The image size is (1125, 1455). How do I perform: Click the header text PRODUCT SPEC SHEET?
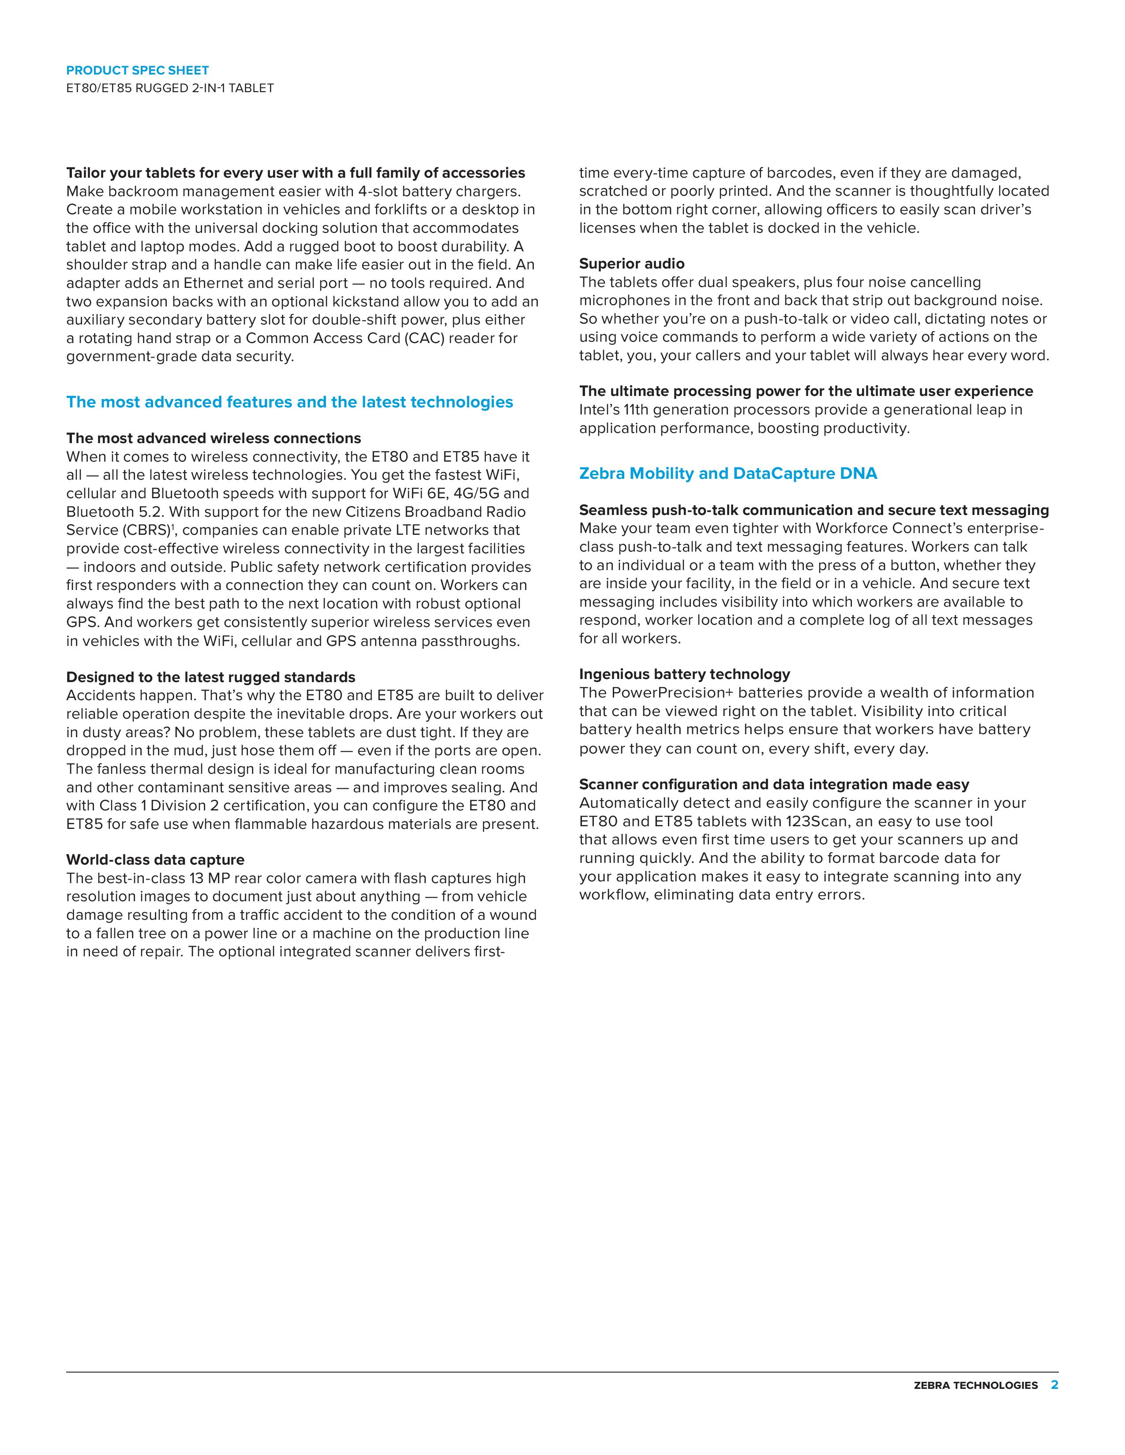137,70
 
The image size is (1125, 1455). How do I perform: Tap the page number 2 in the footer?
1054,1385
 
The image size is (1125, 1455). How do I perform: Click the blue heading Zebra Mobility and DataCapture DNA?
728,474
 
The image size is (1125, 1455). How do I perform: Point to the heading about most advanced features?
289,403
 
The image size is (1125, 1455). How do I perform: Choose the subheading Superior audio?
631,264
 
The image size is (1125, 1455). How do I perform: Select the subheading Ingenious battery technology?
684,674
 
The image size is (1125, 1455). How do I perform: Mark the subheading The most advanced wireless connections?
213,438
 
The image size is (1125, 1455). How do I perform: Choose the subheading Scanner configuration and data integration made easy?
774,785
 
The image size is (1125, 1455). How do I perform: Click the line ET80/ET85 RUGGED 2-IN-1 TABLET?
170,88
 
